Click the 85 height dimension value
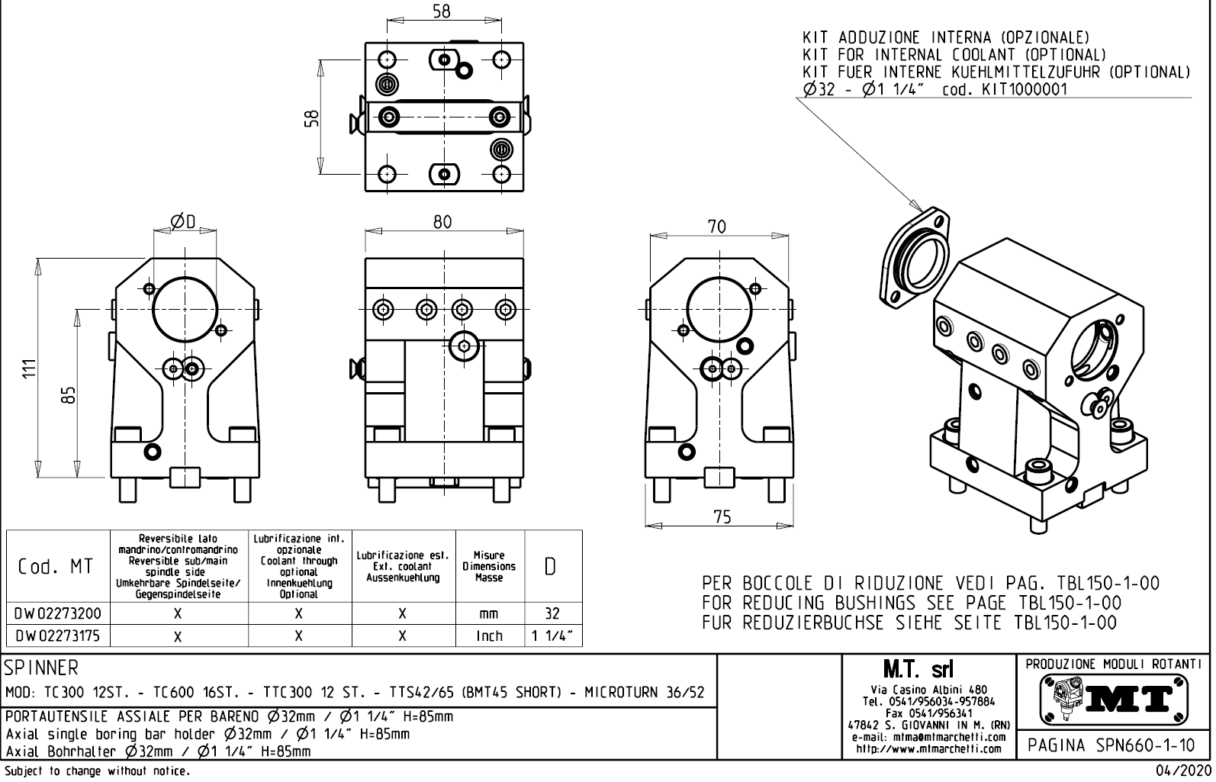69,394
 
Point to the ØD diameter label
183,222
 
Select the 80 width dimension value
442,222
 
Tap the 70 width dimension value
717,227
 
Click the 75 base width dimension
722,517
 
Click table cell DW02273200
58,613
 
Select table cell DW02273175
58,636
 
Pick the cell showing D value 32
552,613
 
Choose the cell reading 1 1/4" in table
552,636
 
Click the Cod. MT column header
56,566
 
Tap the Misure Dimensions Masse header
489,566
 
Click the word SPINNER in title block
42,668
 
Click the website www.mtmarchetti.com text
928,748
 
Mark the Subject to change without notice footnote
96,771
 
